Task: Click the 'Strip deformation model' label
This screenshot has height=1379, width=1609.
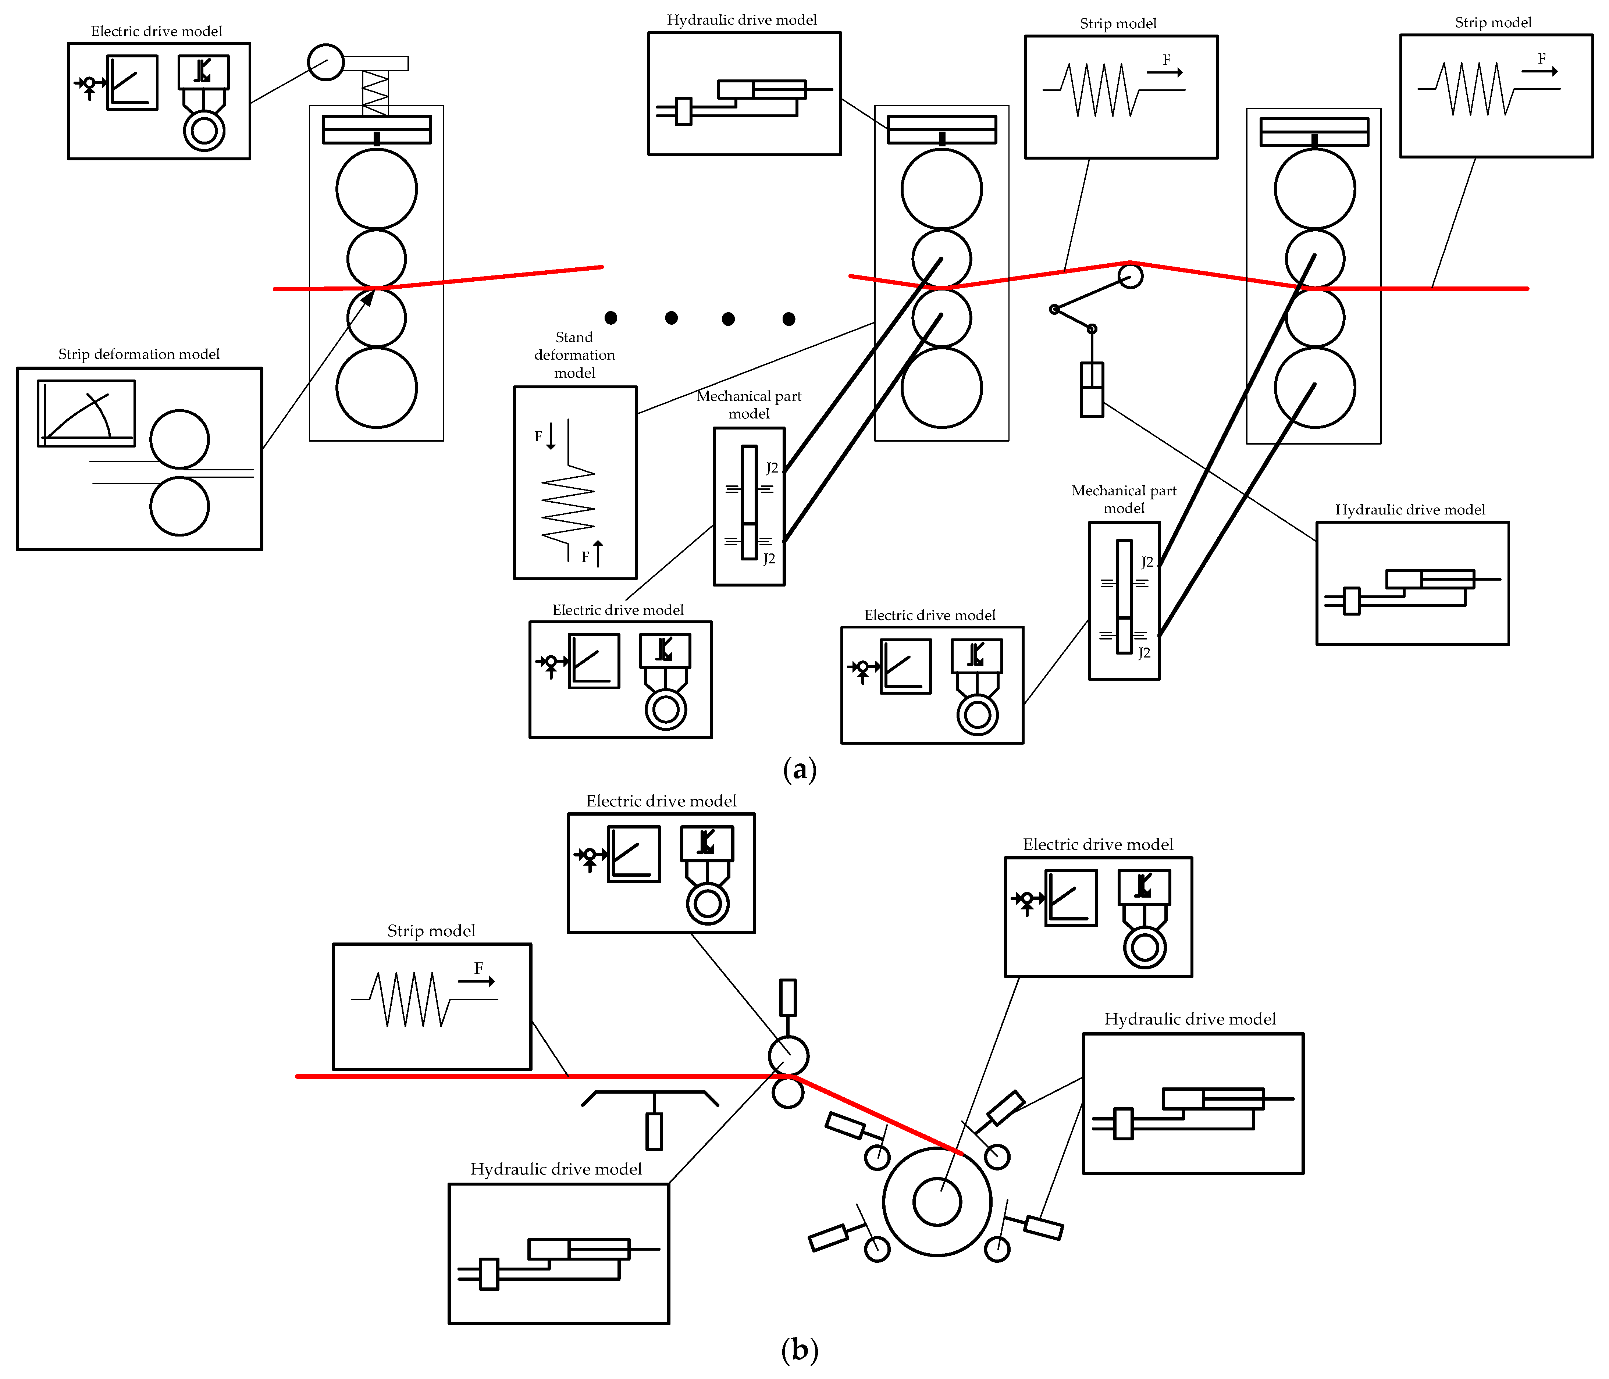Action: (x=139, y=354)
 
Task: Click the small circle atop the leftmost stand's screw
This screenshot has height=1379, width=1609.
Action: (x=325, y=62)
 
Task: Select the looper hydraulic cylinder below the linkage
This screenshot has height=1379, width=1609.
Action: (x=1092, y=390)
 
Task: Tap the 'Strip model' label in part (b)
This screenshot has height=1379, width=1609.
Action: (x=431, y=930)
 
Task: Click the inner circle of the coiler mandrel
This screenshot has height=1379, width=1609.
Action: (x=937, y=1201)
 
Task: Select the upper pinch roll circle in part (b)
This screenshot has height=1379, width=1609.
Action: (x=788, y=1055)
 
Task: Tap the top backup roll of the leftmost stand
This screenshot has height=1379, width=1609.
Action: (x=377, y=189)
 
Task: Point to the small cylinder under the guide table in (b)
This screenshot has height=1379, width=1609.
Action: (x=654, y=1131)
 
